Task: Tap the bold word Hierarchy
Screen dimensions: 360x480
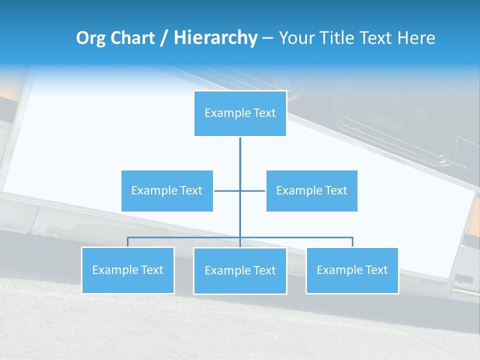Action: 215,38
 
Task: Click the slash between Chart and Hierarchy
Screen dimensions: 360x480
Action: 164,38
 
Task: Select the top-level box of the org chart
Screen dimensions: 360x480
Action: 240,113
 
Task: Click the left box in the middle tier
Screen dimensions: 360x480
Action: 167,190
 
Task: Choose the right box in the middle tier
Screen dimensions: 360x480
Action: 311,190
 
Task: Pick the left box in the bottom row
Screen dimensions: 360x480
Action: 127,270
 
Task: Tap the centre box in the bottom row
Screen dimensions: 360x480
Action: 240,270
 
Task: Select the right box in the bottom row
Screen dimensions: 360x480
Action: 352,270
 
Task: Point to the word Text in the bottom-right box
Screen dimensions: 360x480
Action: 376,270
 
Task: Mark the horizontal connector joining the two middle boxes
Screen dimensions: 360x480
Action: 228,190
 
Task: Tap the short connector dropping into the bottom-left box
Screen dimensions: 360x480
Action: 127,242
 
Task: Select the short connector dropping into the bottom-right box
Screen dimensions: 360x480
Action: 352,242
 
